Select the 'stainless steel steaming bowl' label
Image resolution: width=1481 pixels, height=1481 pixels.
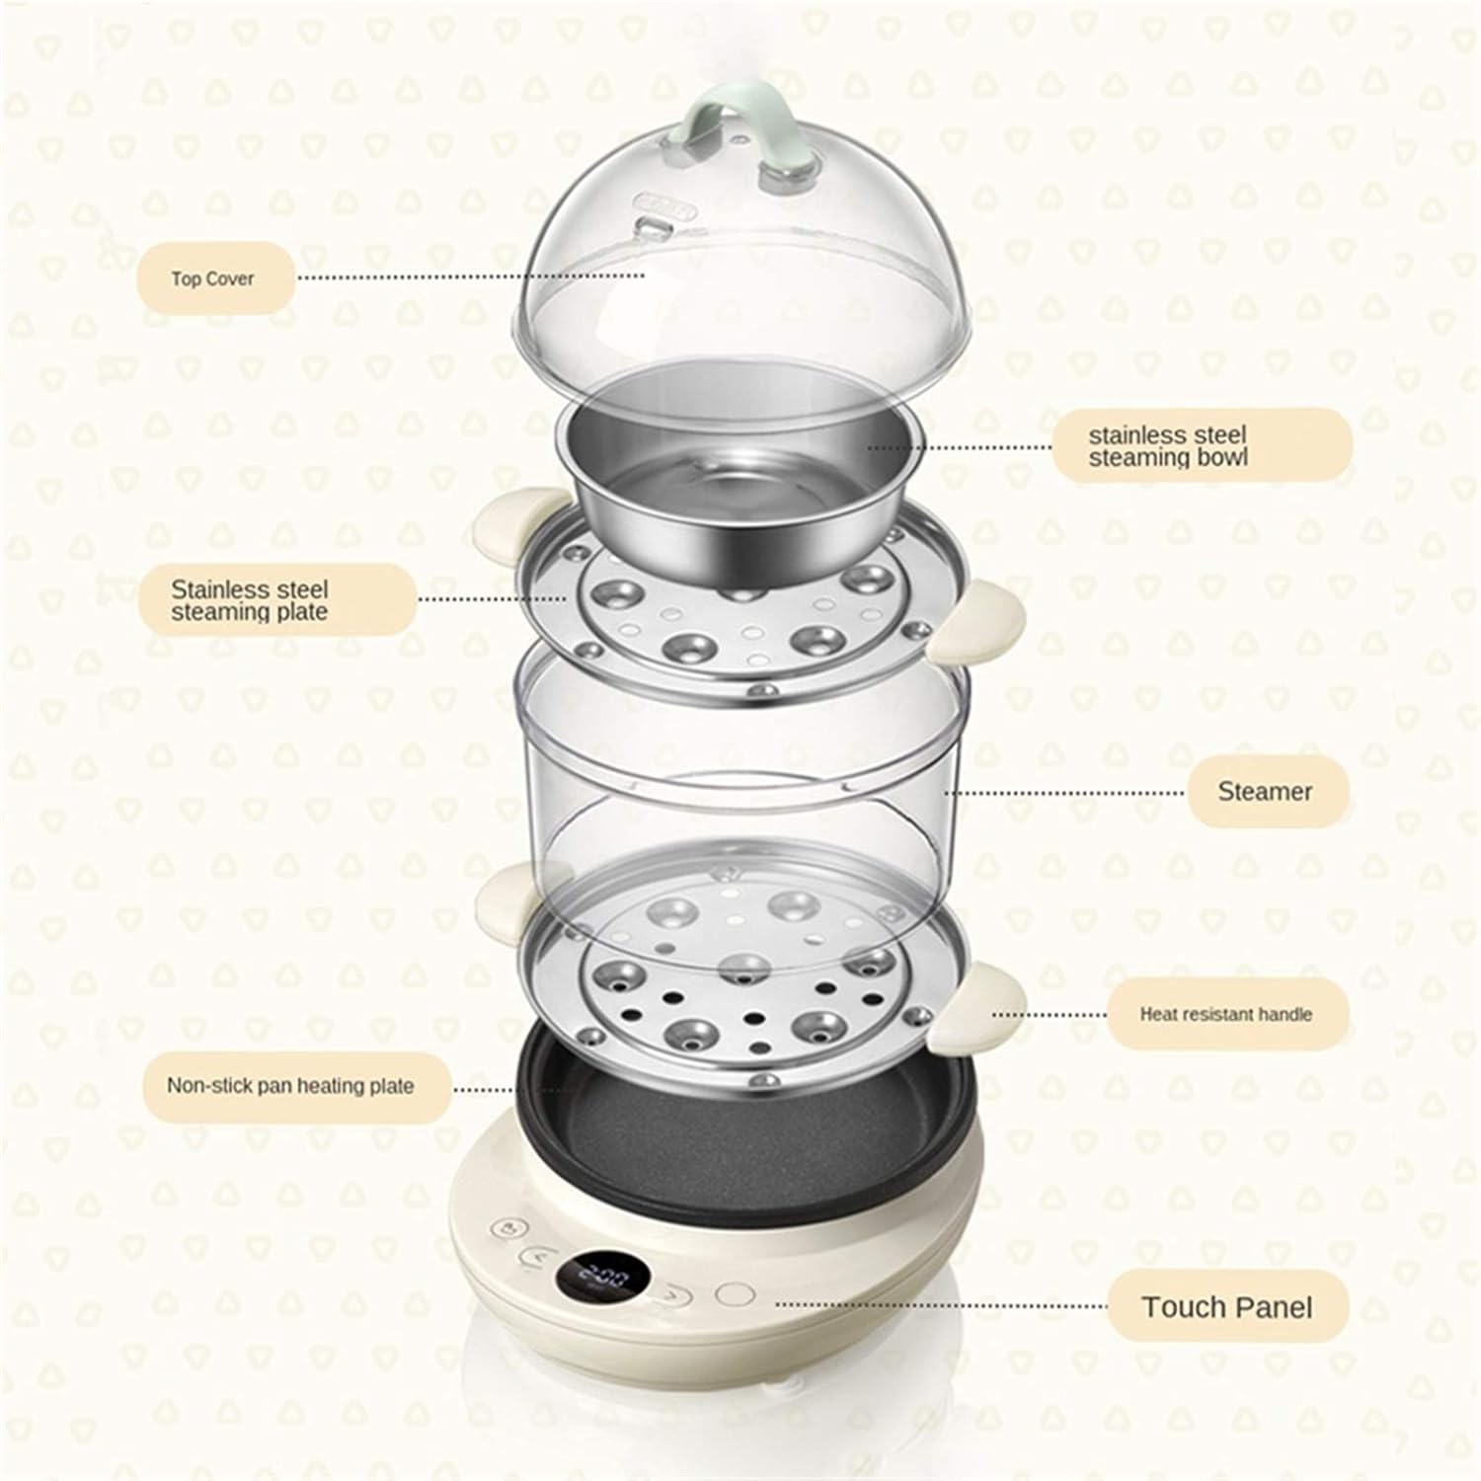(x=1201, y=446)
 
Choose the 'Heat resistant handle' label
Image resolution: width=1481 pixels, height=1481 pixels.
(x=1224, y=1014)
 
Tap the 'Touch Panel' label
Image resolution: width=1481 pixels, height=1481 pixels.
(x=1226, y=1307)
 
